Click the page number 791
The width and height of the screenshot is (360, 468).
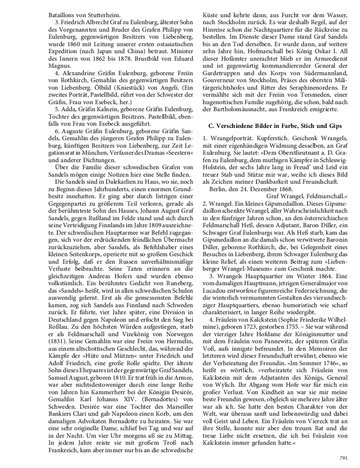[x=344, y=457]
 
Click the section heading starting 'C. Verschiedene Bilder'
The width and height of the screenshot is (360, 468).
[x=275, y=126]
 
